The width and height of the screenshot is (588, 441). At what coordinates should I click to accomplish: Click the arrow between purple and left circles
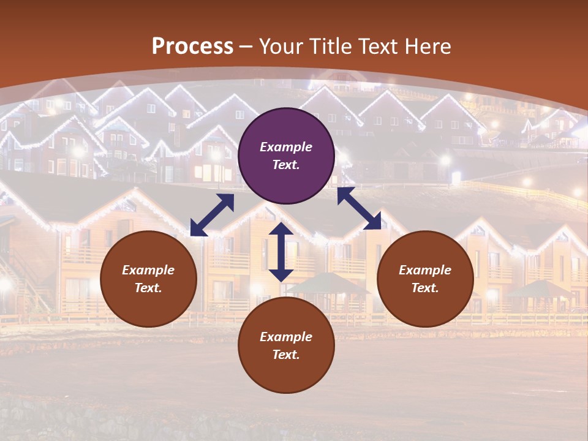(212, 215)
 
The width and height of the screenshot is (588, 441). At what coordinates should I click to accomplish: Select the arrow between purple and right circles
(359, 208)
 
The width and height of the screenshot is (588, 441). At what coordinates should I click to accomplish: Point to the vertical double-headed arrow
(281, 252)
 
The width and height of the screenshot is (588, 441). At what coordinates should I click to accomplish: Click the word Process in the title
(192, 46)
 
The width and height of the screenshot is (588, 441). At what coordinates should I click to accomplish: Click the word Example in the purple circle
(286, 147)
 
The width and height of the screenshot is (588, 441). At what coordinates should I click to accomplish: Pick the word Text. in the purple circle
(286, 165)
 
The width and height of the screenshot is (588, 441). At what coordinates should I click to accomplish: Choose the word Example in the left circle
(148, 270)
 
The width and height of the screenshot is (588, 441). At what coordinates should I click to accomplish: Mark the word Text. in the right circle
(425, 288)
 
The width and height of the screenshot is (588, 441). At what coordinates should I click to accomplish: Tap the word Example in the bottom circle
(286, 337)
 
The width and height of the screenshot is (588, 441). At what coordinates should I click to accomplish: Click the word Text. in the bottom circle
(286, 355)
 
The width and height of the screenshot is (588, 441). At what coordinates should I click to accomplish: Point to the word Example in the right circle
(425, 270)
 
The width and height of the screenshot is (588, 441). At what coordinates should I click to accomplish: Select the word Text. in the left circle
(148, 288)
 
